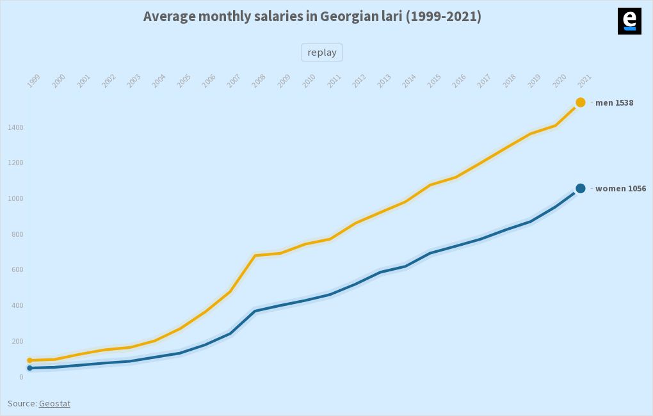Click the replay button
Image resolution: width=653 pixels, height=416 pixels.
322,52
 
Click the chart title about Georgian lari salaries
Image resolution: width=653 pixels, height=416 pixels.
312,17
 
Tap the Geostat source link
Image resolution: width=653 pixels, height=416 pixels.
54,403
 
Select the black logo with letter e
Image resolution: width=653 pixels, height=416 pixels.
629,21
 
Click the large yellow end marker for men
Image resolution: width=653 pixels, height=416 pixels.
581,102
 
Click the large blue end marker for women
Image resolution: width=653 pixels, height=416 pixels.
581,188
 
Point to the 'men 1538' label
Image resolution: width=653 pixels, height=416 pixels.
614,102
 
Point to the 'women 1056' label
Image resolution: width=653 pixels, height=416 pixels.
620,188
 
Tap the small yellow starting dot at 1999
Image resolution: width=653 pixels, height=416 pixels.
30,360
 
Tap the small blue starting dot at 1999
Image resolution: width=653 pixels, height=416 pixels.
30,368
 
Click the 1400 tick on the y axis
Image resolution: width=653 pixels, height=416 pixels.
15,128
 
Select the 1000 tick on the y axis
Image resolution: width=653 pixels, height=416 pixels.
15,199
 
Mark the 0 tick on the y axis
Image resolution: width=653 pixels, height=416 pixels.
21,377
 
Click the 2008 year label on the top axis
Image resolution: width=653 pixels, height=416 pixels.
259,81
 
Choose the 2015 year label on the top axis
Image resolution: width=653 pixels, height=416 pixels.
434,81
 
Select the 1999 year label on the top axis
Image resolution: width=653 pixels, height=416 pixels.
33,81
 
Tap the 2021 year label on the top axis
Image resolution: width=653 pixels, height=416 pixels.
584,81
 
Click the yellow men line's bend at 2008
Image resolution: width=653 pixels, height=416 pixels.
255,255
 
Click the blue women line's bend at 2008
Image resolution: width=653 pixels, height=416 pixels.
255,311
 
